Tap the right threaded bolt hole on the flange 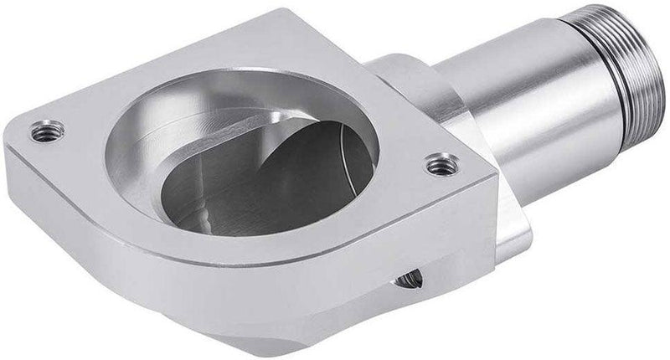tap(438, 165)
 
